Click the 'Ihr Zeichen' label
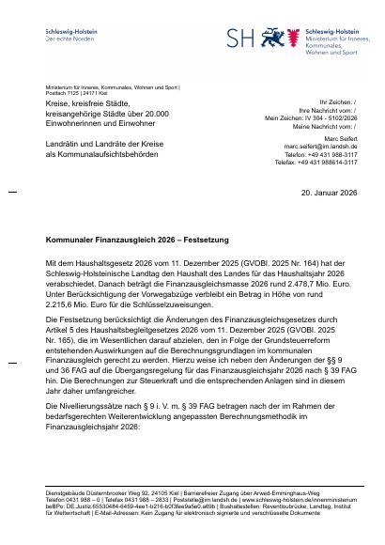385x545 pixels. (337, 101)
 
